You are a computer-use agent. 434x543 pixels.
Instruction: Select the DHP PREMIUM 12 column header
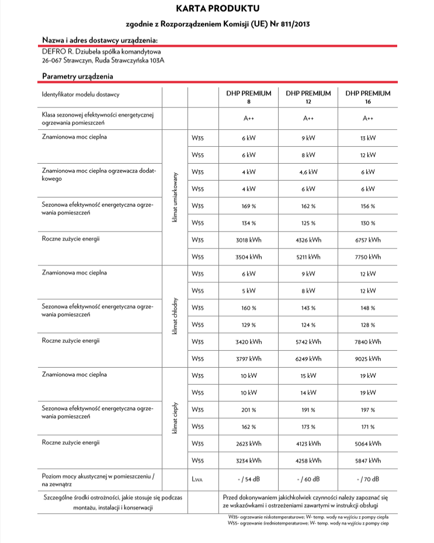click(x=308, y=96)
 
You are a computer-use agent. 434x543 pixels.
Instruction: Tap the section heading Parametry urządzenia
click(x=78, y=76)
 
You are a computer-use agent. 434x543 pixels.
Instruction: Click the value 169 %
click(x=249, y=206)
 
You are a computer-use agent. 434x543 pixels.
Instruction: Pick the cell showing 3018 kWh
click(x=249, y=240)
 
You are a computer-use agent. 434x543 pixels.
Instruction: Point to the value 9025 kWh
click(x=368, y=358)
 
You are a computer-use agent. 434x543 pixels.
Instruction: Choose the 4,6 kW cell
click(x=308, y=172)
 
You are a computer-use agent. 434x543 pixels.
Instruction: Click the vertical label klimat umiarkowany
click(x=175, y=198)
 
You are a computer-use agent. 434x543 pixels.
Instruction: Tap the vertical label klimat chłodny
click(x=175, y=316)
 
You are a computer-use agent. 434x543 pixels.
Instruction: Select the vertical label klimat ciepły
click(x=175, y=418)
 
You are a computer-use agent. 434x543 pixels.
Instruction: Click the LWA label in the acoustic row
click(x=197, y=479)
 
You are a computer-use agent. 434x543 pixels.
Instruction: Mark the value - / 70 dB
click(x=368, y=479)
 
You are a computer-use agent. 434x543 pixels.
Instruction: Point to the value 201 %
click(x=249, y=410)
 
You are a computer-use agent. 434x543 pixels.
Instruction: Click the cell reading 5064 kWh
click(x=368, y=443)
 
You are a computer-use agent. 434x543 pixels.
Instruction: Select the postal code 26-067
click(x=53, y=60)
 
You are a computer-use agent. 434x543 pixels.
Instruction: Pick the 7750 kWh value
click(x=368, y=257)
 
